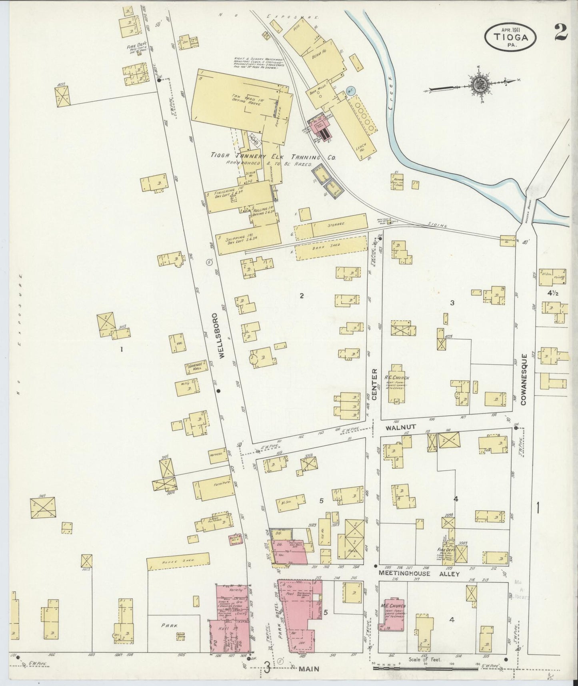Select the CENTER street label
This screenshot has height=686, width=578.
tap(375, 384)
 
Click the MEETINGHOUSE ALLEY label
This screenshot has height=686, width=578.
tap(419, 574)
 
